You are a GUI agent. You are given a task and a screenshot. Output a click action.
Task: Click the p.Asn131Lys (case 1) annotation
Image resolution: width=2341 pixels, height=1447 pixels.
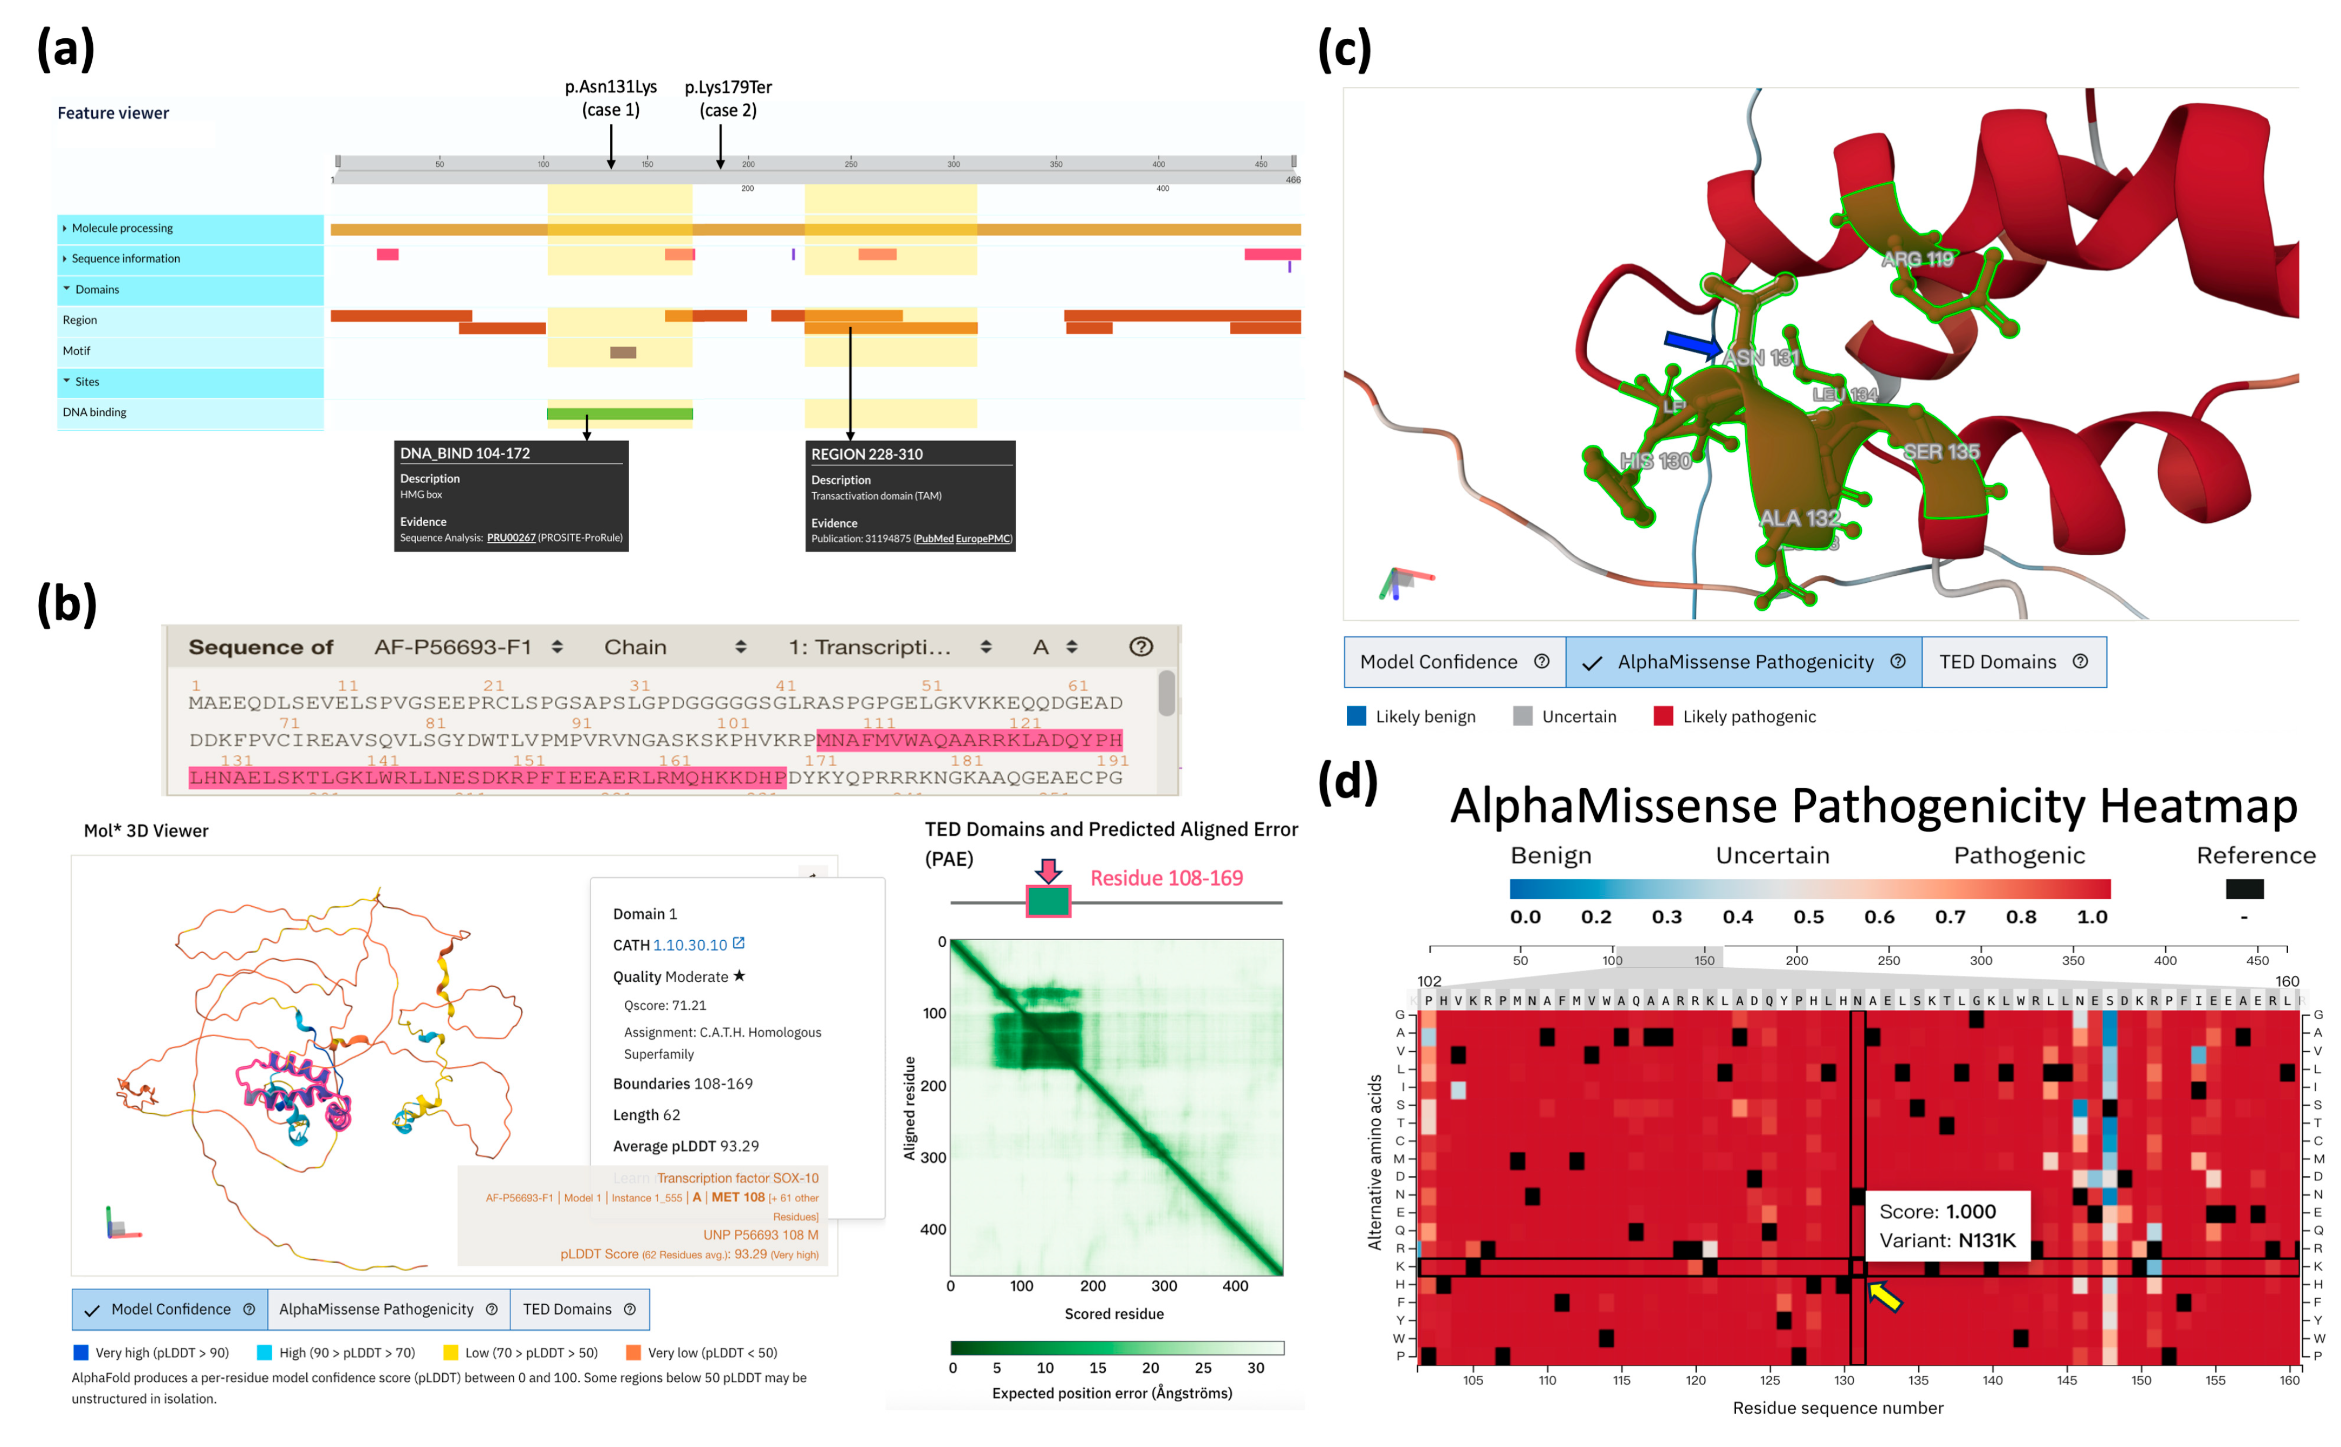[x=611, y=98]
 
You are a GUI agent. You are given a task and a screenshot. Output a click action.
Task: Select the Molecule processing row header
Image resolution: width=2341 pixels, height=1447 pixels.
[x=122, y=228]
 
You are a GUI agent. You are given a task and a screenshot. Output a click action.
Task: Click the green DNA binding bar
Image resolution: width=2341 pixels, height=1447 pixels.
[x=619, y=414]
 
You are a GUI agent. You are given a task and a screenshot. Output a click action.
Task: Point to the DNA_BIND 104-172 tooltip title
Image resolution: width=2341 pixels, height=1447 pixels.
[x=465, y=453]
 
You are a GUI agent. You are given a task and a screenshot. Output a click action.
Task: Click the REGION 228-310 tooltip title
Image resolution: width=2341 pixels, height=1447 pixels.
[x=866, y=454]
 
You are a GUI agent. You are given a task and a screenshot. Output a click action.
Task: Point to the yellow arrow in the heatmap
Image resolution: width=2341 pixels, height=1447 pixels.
[x=1883, y=1296]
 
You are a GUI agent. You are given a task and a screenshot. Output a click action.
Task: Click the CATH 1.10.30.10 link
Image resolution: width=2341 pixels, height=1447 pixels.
[x=689, y=945]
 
